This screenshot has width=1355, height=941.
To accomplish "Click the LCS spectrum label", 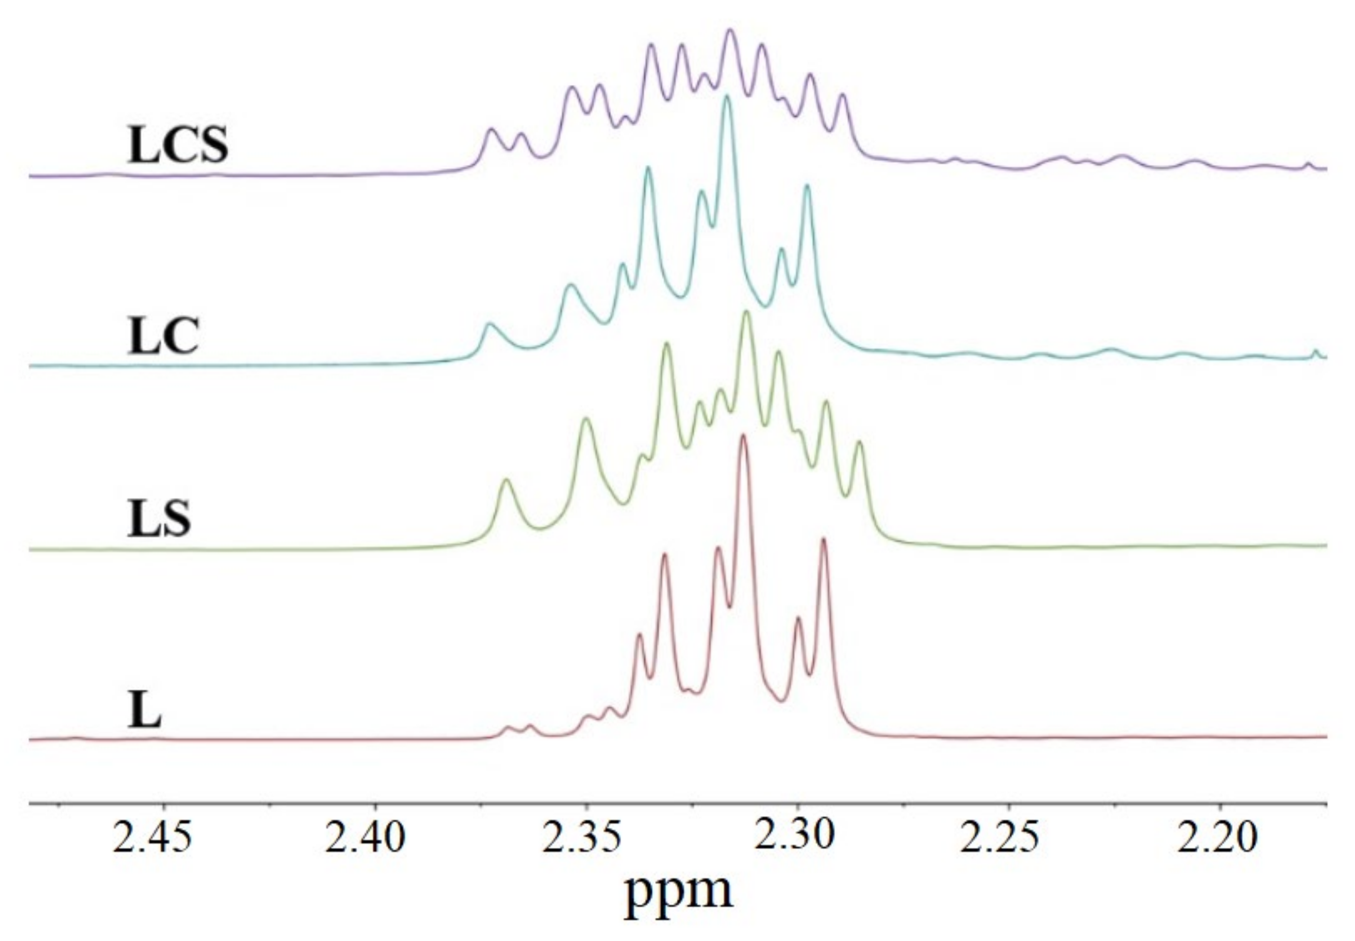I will click(x=177, y=144).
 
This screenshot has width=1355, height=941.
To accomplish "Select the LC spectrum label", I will click(x=163, y=336).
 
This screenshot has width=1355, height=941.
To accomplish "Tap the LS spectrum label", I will click(x=159, y=519).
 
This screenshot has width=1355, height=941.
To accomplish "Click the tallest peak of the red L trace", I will click(x=743, y=436).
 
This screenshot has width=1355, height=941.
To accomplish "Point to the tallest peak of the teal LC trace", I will click(x=727, y=97).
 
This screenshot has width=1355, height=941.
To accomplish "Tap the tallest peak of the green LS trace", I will click(x=746, y=313).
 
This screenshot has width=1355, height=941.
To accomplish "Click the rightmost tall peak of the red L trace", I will click(x=823, y=540).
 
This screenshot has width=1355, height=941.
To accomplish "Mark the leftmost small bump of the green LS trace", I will click(x=506, y=482).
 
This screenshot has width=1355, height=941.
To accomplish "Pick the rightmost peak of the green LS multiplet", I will click(x=859, y=443).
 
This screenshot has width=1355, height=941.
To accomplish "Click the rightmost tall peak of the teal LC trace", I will click(x=807, y=187).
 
